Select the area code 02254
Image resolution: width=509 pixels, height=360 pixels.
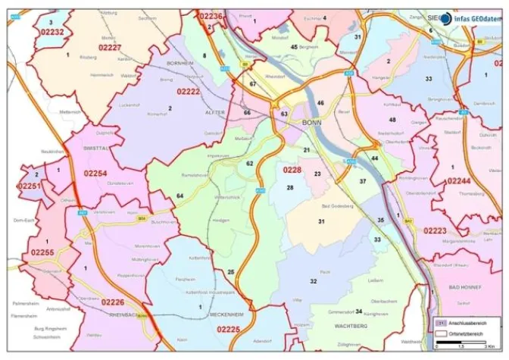coord(95,174)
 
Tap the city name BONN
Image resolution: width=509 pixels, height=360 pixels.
coord(311,123)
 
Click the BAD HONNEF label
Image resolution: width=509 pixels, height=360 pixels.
coord(465,288)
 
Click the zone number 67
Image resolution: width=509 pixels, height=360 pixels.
coord(252,84)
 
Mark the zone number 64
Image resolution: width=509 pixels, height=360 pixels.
coord(180,196)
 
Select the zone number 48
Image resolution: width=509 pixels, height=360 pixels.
coord(392,120)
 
